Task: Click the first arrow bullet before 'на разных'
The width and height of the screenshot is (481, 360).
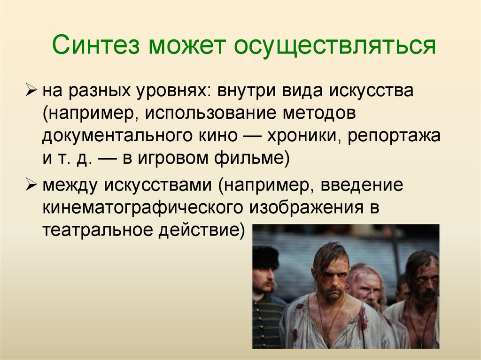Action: pyautogui.click(x=33, y=90)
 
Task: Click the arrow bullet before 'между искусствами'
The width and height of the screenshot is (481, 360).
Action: pyautogui.click(x=33, y=185)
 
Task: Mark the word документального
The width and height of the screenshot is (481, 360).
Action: pyautogui.click(x=118, y=137)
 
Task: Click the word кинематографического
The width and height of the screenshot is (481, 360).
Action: pyautogui.click(x=141, y=207)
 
